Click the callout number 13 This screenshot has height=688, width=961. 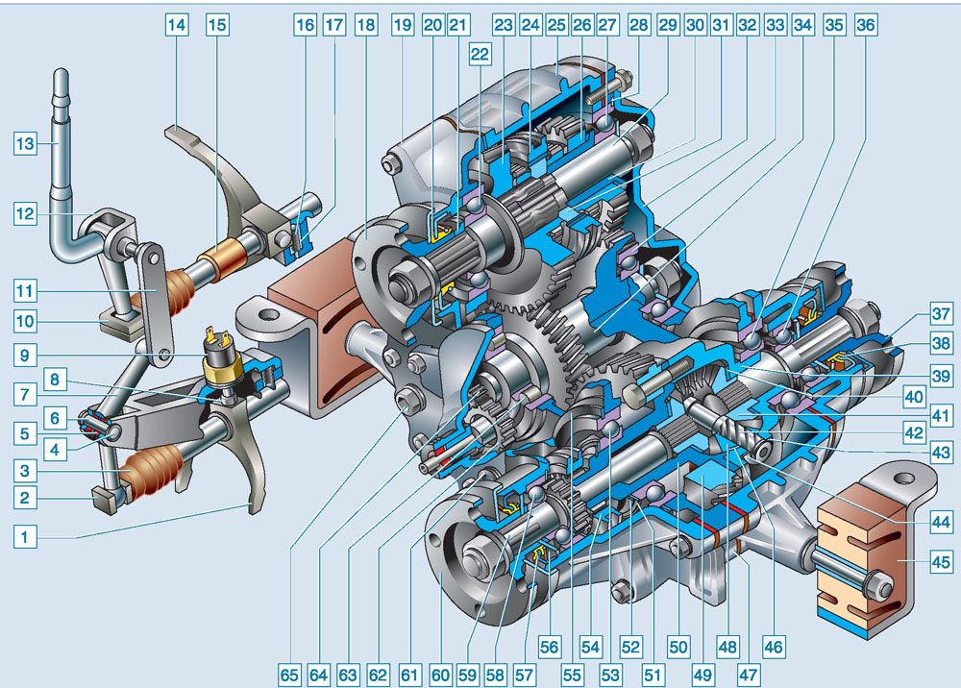25,144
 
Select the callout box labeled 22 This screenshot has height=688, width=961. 480,54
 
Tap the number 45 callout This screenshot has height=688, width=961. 941,562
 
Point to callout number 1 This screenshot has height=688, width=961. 25,537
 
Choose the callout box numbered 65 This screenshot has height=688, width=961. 288,676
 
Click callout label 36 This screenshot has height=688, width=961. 866,25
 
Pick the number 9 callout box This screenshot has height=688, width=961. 25,356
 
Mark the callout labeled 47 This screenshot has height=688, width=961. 749,676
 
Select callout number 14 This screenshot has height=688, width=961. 177,25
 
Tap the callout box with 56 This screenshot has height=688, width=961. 549,647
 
